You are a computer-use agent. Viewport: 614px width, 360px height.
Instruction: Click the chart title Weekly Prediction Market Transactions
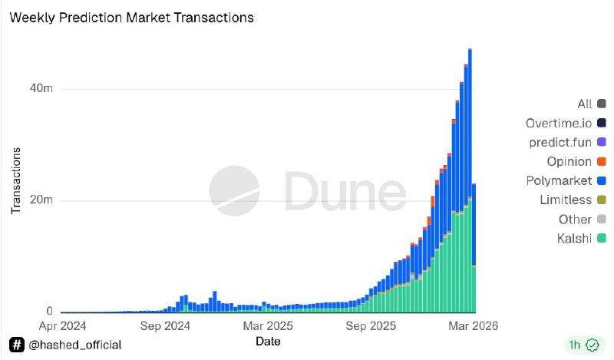(130, 16)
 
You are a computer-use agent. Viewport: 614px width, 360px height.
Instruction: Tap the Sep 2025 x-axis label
(371, 326)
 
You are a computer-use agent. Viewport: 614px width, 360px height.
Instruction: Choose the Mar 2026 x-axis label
(472, 326)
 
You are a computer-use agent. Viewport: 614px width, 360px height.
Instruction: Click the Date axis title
(268, 341)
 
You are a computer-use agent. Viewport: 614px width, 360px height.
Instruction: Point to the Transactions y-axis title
(16, 180)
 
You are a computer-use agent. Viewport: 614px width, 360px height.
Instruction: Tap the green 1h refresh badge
(581, 344)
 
